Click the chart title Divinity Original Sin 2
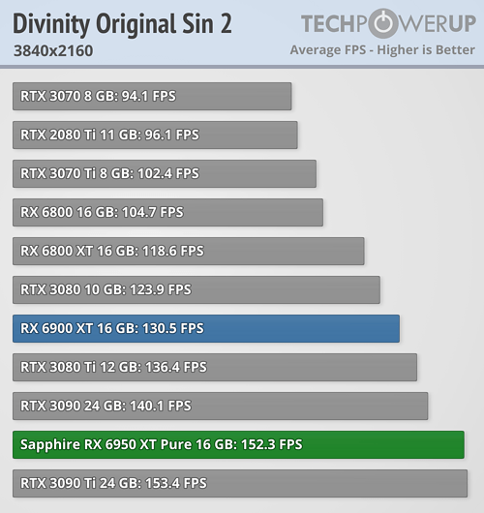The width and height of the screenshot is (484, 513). [122, 23]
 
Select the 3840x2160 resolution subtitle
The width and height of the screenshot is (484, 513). [53, 50]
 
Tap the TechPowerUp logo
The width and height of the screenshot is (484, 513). [387, 23]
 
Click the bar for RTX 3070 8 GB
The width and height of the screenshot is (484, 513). [152, 96]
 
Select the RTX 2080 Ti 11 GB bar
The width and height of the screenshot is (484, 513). [155, 135]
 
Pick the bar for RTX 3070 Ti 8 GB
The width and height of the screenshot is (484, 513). [165, 173]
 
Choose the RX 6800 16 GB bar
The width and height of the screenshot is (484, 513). [167, 212]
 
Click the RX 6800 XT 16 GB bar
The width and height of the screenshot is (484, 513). [189, 251]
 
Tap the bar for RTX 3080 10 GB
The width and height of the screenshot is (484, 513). [197, 289]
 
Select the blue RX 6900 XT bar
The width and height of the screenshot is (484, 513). [206, 328]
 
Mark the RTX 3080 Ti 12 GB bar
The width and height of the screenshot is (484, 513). [215, 367]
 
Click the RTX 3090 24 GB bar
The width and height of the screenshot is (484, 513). [221, 406]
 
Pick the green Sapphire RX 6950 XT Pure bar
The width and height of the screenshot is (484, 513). [238, 444]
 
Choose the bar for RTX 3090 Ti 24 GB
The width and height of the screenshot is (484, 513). [240, 483]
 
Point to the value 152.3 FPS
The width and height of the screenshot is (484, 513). [271, 444]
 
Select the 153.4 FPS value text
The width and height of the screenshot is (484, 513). [174, 483]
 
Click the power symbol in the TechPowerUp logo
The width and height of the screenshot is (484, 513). [381, 23]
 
